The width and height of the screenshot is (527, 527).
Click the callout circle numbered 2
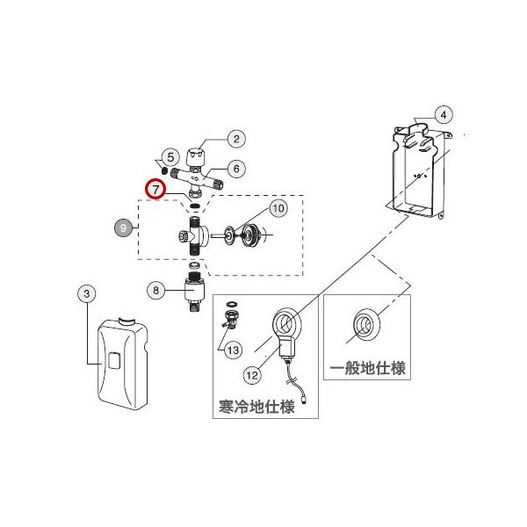pyautogui.click(x=235, y=138)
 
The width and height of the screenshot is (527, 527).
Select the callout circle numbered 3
pyautogui.click(x=87, y=295)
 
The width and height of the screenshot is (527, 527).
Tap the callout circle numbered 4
pyautogui.click(x=444, y=114)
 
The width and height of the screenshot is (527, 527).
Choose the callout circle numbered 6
pyautogui.click(x=236, y=168)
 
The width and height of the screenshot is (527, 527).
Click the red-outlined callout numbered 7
pyautogui.click(x=156, y=187)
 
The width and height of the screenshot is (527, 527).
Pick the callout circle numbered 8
pyautogui.click(x=155, y=290)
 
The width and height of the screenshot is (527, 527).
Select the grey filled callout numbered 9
pyautogui.click(x=123, y=227)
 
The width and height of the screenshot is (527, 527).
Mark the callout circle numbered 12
pyautogui.click(x=253, y=374)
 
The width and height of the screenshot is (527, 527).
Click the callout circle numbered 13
pyautogui.click(x=233, y=350)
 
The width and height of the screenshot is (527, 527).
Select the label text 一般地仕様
pyautogui.click(x=368, y=369)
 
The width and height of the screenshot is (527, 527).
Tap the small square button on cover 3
pyautogui.click(x=114, y=360)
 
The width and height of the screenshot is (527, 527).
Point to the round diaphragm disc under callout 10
pyautogui.click(x=255, y=235)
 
